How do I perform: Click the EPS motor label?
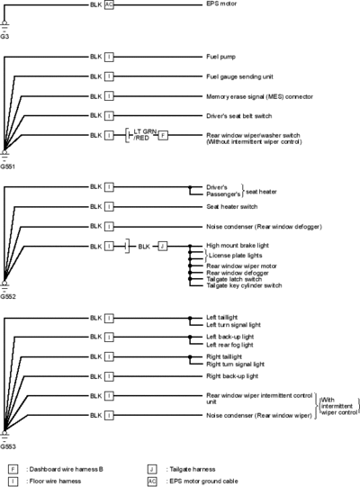221,4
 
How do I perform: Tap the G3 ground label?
4,36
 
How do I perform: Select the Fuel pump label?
220,57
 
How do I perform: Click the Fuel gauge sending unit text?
239,77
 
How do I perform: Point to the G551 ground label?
7,167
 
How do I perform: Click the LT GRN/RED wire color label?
145,135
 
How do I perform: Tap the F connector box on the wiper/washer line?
163,135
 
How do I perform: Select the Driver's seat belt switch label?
239,116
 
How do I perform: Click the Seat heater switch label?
232,206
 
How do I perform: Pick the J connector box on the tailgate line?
163,247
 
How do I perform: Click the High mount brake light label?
238,246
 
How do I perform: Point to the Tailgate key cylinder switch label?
244,285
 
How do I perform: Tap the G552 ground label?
8,296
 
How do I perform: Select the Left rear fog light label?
229,345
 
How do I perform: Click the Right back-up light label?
232,376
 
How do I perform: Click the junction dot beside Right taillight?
190,356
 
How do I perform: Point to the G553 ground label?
8,446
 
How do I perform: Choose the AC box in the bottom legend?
152,481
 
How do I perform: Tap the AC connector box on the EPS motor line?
109,5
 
